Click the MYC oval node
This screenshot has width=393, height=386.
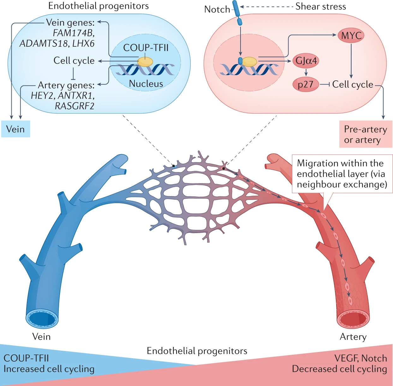[351, 36]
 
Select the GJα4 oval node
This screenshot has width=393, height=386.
[306, 61]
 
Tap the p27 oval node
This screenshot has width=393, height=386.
[306, 85]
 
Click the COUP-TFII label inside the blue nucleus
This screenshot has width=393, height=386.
[146, 48]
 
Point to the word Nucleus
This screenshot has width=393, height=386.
[146, 84]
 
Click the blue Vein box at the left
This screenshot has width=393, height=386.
[15, 129]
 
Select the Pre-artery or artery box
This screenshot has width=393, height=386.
[366, 134]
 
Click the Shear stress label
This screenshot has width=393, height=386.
[320, 7]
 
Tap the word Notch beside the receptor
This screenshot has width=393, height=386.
[217, 9]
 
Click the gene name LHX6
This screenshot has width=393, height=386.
[83, 44]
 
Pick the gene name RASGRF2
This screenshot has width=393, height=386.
[74, 106]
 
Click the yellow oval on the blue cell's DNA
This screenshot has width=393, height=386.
[145, 62]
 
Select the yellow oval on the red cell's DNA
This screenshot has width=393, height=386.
[249, 62]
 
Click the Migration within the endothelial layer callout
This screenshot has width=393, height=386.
[342, 174]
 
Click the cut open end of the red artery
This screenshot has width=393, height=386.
[353, 320]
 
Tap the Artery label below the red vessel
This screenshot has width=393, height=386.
[353, 337]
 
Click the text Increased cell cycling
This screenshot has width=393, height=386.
[49, 369]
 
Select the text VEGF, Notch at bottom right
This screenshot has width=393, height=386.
[360, 358]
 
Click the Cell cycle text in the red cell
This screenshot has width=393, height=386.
[353, 85]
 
